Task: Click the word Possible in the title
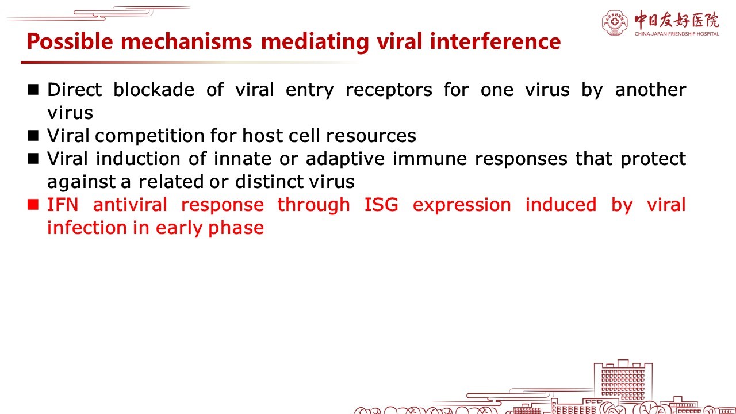pyautogui.click(x=70, y=42)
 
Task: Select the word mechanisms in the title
pyautogui.click(x=186, y=41)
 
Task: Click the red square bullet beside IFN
pyautogui.click(x=33, y=204)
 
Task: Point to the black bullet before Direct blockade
pyautogui.click(x=33, y=89)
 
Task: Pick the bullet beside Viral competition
pyautogui.click(x=33, y=135)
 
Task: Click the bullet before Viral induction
pyautogui.click(x=33, y=158)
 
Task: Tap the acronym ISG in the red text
pyautogui.click(x=381, y=204)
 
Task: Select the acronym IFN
pyautogui.click(x=63, y=204)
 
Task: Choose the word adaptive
pyautogui.click(x=346, y=159)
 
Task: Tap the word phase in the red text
pyautogui.click(x=236, y=228)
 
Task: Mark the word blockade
pyautogui.click(x=154, y=89)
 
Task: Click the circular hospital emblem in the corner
pyautogui.click(x=615, y=22)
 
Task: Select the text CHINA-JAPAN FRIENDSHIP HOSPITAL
pyautogui.click(x=677, y=34)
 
